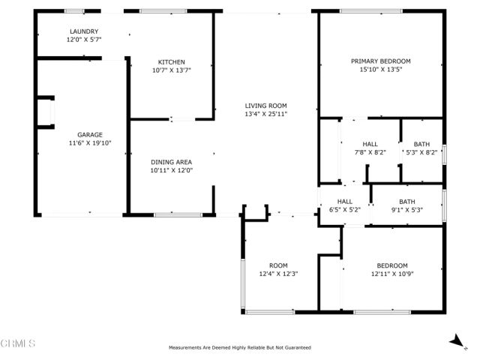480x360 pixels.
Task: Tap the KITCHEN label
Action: [x=171, y=62]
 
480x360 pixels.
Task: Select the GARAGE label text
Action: [x=90, y=135]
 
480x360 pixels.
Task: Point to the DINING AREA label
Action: [x=172, y=162]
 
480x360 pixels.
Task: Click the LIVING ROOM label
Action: [x=265, y=106]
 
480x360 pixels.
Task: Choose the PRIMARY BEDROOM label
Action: [x=381, y=61]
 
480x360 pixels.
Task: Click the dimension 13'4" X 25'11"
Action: [x=265, y=114]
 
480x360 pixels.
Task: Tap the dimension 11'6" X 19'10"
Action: [x=90, y=142]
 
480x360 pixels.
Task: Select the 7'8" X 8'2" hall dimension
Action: [x=370, y=152]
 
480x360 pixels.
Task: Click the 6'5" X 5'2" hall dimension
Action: [x=344, y=209]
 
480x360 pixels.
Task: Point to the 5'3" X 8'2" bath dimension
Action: [x=421, y=152]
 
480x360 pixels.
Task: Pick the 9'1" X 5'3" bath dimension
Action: [x=406, y=209]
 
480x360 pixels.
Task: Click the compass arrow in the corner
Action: [x=455, y=341]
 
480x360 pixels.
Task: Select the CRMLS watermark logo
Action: [x=19, y=344]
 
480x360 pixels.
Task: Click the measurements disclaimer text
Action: [x=240, y=348]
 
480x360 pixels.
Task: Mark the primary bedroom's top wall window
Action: [x=365, y=10]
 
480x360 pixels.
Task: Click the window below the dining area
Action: [x=172, y=216]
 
